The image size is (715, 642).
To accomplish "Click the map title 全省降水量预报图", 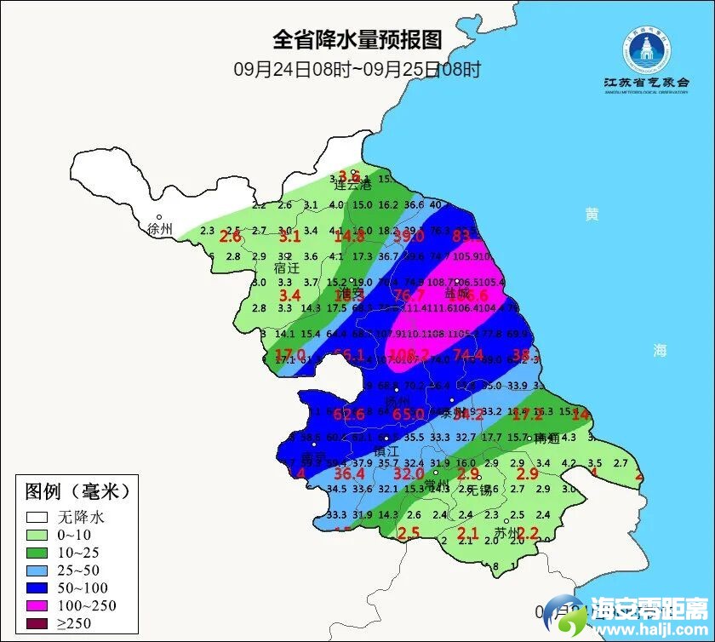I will click(x=357, y=40).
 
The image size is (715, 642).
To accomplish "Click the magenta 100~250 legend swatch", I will click(x=37, y=605).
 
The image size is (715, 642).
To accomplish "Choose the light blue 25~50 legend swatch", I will click(x=37, y=570).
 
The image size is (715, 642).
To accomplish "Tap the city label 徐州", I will click(x=159, y=229).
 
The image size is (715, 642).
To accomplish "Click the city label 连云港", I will click(x=352, y=184).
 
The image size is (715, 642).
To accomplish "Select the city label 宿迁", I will click(x=286, y=267).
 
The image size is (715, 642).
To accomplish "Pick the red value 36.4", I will click(x=349, y=473).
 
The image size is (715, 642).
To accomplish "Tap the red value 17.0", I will click(x=289, y=354).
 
